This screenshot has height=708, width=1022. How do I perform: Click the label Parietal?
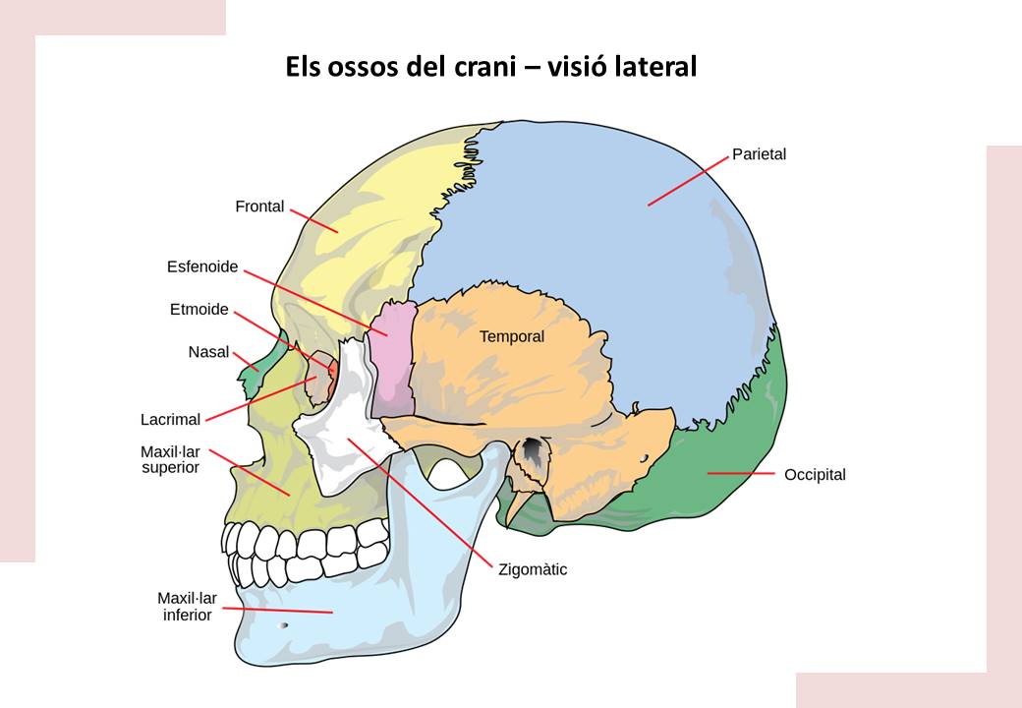[759, 154]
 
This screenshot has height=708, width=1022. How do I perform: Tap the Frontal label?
[259, 206]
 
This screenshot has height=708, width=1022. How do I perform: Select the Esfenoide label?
[202, 266]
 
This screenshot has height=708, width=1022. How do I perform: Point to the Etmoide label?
[199, 310]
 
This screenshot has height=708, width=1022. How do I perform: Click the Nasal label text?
[208, 352]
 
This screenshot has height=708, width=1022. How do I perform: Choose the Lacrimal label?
[170, 420]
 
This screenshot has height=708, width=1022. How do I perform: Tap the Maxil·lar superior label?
[170, 460]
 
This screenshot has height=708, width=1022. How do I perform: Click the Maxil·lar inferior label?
[186, 606]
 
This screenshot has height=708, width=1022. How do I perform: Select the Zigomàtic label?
[533, 569]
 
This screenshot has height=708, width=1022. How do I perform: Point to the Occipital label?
[815, 475]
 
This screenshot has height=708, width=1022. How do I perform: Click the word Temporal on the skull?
[511, 336]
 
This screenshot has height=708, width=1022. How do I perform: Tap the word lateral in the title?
[653, 67]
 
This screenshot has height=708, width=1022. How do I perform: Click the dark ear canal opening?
[532, 450]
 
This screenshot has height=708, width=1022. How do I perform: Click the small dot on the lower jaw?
[285, 625]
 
